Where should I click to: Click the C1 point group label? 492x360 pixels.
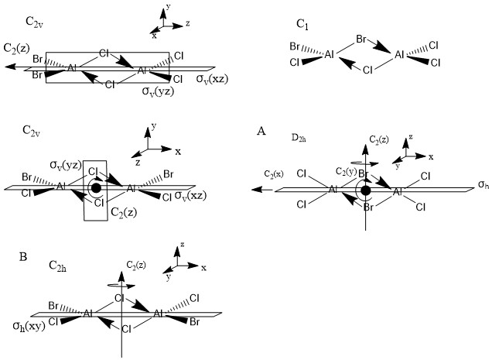pyautogui.click(x=303, y=24)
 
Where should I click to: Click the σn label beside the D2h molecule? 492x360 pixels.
pyautogui.click(x=482, y=187)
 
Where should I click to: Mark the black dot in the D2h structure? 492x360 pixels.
pyautogui.click(x=366, y=190)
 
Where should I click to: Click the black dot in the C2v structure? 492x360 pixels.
pyautogui.click(x=95, y=187)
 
